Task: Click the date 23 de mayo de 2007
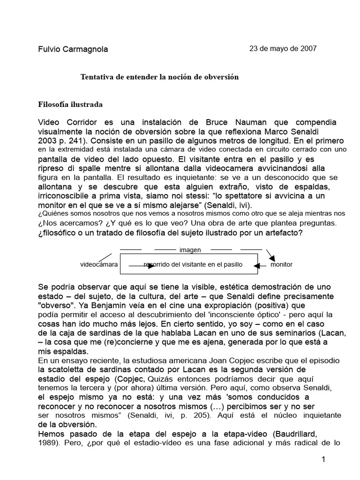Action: click(x=283, y=48)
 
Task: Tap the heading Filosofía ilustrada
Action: click(x=70, y=104)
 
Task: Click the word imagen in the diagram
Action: click(x=190, y=250)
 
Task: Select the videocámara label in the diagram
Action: click(x=99, y=264)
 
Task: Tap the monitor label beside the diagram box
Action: click(x=281, y=264)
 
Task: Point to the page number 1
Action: click(x=323, y=461)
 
